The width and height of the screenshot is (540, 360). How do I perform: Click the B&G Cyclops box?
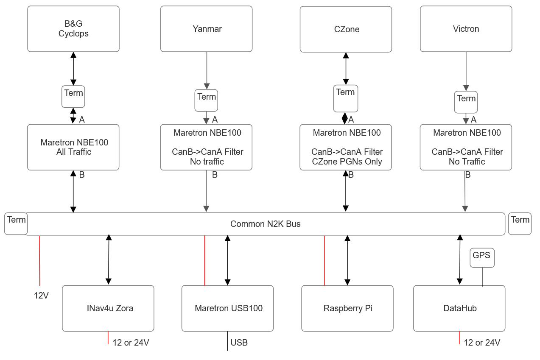[73, 29]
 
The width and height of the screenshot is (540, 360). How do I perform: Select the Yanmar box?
[206, 29]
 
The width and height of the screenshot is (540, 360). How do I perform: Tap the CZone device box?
[346, 29]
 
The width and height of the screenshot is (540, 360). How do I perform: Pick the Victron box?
[466, 29]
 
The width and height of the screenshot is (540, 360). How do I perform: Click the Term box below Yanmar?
[206, 100]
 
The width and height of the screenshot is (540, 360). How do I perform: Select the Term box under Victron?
[466, 102]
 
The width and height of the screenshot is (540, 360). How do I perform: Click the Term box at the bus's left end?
[16, 223]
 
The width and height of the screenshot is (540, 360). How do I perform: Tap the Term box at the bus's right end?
[520, 223]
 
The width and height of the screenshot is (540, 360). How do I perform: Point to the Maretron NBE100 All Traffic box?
[73, 147]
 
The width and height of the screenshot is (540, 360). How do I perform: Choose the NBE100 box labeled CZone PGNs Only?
[346, 147]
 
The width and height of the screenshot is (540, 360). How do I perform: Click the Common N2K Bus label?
[266, 224]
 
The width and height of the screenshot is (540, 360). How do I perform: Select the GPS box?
[482, 258]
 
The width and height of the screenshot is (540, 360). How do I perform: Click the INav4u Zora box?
[108, 308]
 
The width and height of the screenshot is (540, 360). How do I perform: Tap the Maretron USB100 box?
[227, 308]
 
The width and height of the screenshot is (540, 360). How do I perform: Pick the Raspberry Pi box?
[347, 308]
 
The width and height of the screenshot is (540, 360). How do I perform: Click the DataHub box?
[459, 308]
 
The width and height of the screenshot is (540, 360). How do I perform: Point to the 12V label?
[41, 296]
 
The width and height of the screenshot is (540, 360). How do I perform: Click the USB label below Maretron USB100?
[239, 343]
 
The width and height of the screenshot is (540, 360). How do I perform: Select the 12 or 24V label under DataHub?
[482, 343]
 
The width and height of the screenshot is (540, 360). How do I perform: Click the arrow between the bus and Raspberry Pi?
[347, 260]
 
